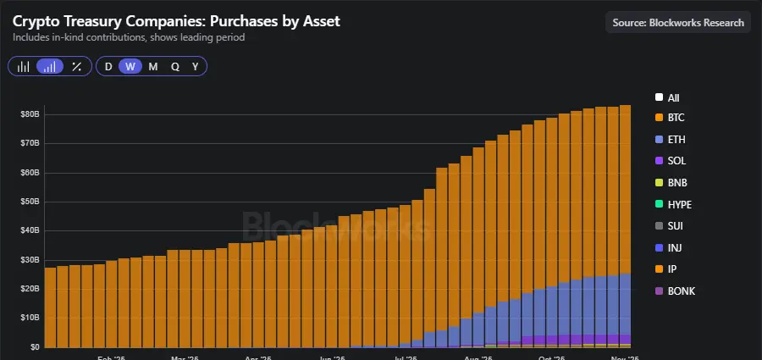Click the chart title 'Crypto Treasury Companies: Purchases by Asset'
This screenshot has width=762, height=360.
coord(176,21)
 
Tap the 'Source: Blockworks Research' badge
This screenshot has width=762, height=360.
coord(677,23)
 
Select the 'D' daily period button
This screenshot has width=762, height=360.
coord(108,67)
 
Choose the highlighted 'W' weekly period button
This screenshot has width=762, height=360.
coord(130,67)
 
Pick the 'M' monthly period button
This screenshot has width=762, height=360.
coord(152,67)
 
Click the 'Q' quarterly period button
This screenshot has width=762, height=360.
coord(174,67)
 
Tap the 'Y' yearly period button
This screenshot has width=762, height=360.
coord(196,67)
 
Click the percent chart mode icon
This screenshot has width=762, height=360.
coord(76,67)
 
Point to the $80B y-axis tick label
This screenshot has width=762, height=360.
coord(30,114)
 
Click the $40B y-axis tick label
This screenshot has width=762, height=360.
coord(30,230)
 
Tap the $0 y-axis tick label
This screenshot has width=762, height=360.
coord(34,346)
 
